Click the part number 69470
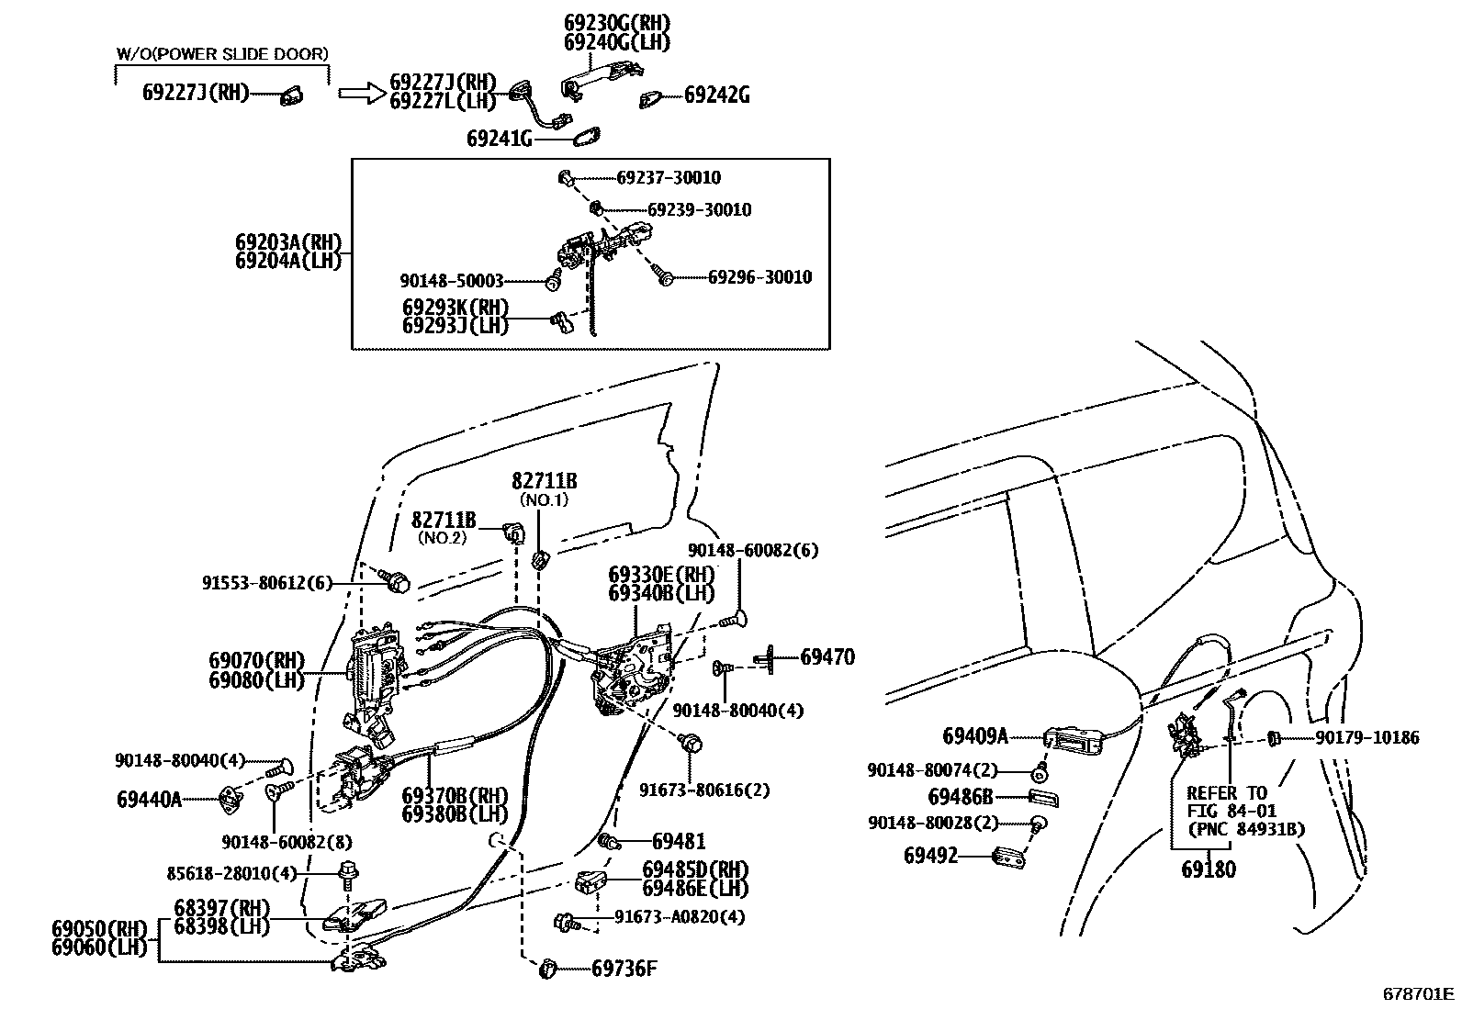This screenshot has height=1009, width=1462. click(827, 656)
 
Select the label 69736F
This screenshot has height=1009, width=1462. click(624, 968)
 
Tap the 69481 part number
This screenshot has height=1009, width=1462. click(679, 841)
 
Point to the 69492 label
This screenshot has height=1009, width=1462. click(930, 856)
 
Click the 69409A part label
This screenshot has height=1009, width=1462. click(975, 735)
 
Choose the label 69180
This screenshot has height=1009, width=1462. click(1209, 869)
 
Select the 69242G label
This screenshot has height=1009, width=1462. click(716, 95)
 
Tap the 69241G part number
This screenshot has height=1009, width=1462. click(500, 139)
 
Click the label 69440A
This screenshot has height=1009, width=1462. click(149, 800)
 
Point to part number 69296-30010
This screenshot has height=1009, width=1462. click(759, 276)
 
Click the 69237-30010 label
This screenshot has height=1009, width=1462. click(669, 178)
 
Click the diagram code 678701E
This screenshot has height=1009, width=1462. click(1419, 993)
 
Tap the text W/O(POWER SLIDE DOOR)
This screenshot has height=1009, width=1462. click(221, 54)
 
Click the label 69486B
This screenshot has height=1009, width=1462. click(961, 797)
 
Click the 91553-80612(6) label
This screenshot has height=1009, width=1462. click(267, 583)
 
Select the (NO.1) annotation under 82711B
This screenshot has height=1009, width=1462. click(545, 500)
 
